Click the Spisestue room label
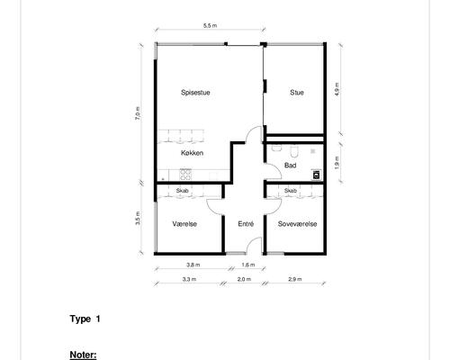point(195,93)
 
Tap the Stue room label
point(297,93)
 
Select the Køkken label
point(192,153)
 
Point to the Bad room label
point(291,166)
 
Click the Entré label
point(246,224)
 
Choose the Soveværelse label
point(297,224)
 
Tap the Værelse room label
point(184,224)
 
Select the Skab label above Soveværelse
point(291,191)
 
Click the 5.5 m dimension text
point(210,26)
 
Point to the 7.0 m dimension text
point(138,113)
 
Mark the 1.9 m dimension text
point(337,163)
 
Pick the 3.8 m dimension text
point(193,265)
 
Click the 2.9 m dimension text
point(295,279)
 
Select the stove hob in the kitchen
point(185,175)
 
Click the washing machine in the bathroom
point(317,175)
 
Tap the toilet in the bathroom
point(294,152)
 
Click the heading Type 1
point(85,319)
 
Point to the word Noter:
point(83,355)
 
